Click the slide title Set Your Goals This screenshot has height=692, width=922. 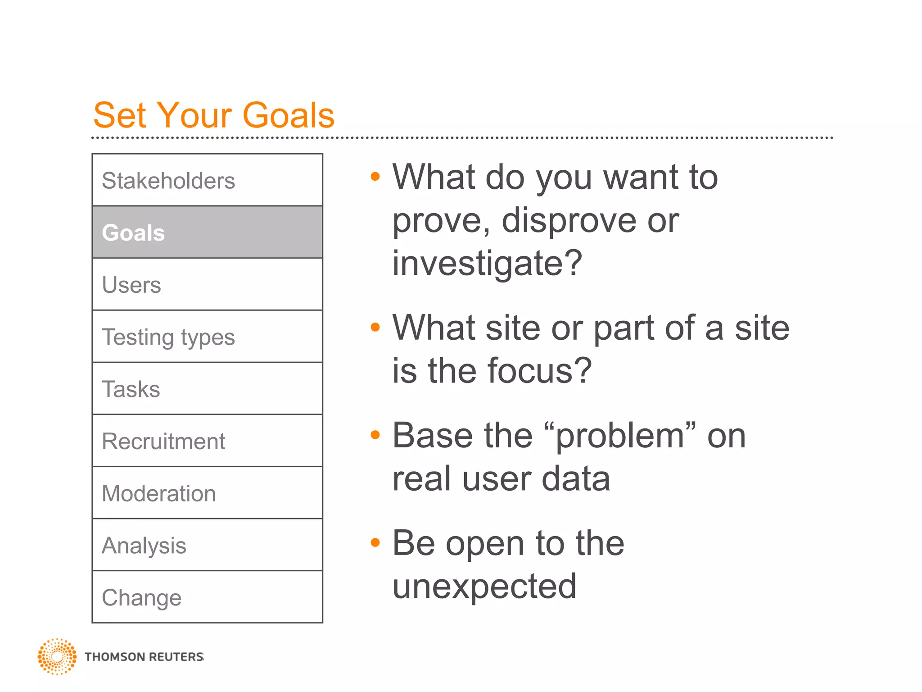point(214,115)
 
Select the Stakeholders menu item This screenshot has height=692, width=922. point(207,180)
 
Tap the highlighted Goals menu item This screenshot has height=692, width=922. point(207,232)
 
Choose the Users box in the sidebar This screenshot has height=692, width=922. point(207,285)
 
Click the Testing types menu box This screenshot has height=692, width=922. point(207,337)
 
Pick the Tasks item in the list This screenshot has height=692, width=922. point(207,389)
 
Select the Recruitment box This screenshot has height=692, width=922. point(207,441)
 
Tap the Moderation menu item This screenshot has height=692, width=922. point(207,493)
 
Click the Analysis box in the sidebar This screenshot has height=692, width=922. point(207,545)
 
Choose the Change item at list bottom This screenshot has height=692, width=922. point(207,597)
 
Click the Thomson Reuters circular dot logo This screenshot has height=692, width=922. point(57,656)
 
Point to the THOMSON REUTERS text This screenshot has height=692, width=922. point(144,657)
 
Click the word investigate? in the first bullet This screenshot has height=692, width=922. point(487,264)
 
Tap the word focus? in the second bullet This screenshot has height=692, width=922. point(539,371)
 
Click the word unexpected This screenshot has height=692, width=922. point(484,587)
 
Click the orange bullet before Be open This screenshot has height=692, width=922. point(375,542)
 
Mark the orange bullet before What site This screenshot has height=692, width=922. point(375,327)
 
